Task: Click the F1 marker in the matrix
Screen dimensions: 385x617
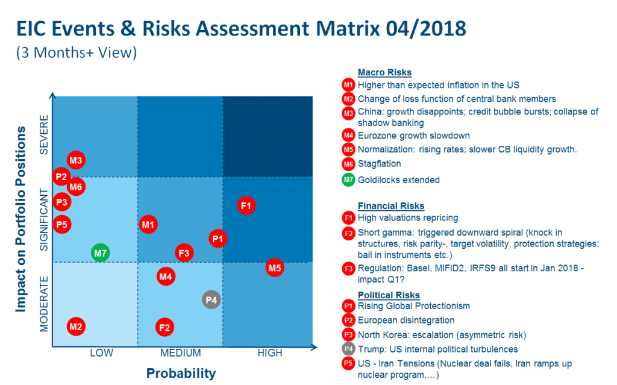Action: (246, 205)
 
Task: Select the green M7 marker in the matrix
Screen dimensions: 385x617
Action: (100, 253)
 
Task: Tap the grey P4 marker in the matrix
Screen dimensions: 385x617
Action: (211, 299)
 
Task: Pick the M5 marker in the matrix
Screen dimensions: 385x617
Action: (275, 268)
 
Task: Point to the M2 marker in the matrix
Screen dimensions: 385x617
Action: (75, 327)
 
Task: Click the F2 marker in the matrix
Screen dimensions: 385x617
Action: (164, 328)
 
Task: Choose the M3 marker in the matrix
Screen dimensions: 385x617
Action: (75, 161)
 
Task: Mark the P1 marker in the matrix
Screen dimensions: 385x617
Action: (218, 239)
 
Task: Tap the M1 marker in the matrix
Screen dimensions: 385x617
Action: (148, 225)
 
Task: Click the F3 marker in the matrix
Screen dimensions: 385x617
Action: (184, 253)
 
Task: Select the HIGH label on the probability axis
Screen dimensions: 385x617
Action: (270, 353)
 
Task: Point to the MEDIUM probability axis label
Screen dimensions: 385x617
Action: (181, 353)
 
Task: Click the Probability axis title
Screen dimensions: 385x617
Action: (181, 374)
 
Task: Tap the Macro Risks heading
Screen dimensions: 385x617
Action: (384, 72)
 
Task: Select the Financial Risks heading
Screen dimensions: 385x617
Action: (391, 206)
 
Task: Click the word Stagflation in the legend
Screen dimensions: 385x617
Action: (379, 163)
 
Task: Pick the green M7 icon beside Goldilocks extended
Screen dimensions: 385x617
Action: (348, 180)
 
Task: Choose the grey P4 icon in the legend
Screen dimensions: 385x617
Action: (348, 349)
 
